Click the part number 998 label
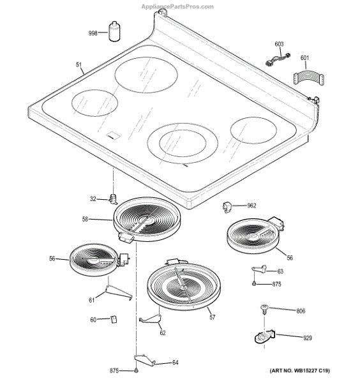[93, 33]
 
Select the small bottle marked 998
[114, 31]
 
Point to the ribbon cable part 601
[308, 79]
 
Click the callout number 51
[79, 64]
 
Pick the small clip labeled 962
[227, 207]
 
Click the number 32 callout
[93, 199]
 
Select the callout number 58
[85, 220]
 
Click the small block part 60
[114, 320]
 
